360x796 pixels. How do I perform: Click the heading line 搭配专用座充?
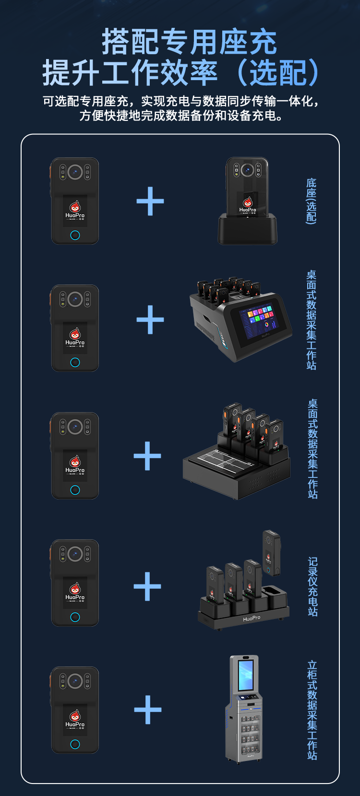(x=189, y=42)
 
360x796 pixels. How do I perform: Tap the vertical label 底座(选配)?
(x=312, y=201)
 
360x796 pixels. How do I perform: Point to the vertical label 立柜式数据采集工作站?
(x=312, y=710)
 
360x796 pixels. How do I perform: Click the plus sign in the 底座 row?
(x=150, y=201)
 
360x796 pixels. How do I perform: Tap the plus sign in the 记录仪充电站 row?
(x=147, y=586)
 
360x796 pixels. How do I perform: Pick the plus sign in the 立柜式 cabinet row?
(x=148, y=710)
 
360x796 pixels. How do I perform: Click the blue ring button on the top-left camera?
(x=75, y=235)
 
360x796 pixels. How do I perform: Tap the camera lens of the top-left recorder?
(x=75, y=172)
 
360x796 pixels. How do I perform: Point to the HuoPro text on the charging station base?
(x=252, y=618)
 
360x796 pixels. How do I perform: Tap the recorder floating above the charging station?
(x=272, y=553)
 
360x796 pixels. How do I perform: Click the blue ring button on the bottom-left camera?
(x=75, y=744)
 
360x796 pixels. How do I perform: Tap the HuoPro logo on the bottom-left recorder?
(x=75, y=720)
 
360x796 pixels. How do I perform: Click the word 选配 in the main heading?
(x=278, y=73)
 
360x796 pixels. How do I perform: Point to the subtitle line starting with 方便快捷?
(x=181, y=116)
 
